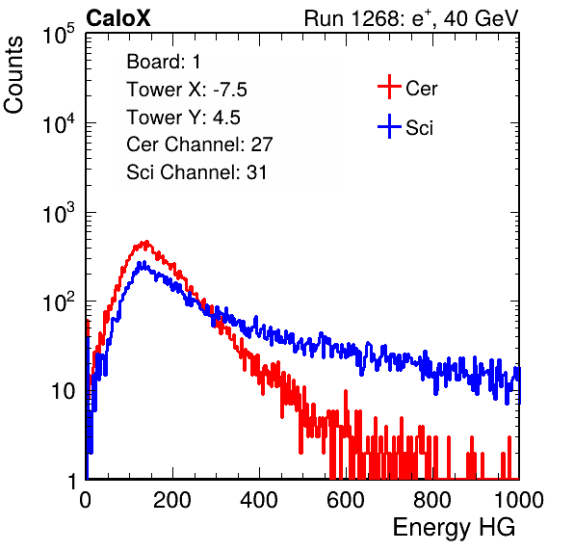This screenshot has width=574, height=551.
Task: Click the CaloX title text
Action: point(118,18)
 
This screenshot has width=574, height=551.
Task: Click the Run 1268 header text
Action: point(411,18)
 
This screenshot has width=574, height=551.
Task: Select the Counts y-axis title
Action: point(13,75)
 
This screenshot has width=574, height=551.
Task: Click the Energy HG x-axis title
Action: point(454,528)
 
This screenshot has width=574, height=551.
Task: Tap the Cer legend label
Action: point(421,89)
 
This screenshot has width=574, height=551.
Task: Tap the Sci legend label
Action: point(419,128)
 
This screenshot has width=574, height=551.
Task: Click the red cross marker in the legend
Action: point(389,87)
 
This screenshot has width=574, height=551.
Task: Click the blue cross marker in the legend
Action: point(389,126)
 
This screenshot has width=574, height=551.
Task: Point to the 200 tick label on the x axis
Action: point(172,500)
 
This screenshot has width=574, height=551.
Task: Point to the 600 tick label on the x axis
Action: point(346,500)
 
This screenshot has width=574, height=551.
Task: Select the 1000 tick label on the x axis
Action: point(519,500)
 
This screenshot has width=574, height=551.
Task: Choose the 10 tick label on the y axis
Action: point(63,391)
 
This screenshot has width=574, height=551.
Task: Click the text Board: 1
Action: point(164,62)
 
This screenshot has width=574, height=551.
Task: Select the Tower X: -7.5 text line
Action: point(187,90)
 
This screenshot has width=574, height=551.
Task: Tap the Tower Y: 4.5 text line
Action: point(183,118)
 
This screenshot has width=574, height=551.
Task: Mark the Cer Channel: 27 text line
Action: point(199,144)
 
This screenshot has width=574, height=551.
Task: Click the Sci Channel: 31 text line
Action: point(196,172)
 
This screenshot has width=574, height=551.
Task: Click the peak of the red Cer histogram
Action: point(146,242)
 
